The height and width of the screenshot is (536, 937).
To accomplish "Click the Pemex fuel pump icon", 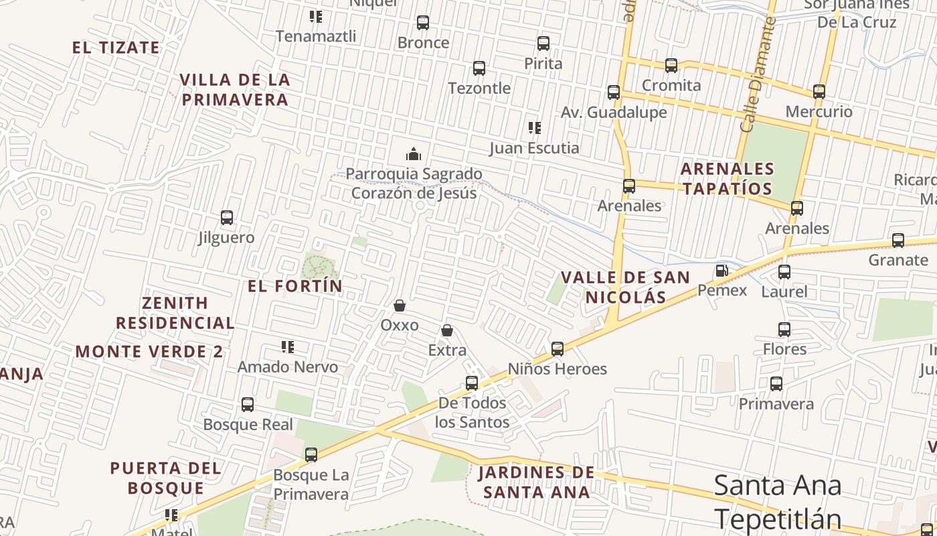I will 722,271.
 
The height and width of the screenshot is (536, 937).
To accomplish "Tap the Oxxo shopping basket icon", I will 400,306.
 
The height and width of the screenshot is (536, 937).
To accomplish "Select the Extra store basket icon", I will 447,330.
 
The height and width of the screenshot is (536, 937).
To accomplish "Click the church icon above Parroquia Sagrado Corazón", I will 414,154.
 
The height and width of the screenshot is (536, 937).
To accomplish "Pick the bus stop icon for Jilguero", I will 227,218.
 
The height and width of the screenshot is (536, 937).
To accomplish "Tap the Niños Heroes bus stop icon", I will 558,349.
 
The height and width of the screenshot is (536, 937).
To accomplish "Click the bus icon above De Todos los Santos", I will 472,383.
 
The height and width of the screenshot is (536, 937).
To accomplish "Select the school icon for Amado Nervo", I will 288,347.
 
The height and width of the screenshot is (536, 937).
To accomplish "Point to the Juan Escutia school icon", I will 534,127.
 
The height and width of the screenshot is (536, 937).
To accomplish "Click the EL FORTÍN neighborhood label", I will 295,286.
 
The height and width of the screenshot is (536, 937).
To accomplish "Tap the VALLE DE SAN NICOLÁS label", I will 625,287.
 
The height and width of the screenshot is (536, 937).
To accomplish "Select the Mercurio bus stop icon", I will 819,92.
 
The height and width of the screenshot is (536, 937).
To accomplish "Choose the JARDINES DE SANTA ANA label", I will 536,482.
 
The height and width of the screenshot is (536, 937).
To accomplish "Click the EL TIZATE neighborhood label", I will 116,48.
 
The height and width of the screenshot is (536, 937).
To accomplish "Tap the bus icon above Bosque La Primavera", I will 311,455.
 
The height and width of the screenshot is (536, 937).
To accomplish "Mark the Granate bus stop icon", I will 898,241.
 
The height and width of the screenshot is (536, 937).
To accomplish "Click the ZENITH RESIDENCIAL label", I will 175,313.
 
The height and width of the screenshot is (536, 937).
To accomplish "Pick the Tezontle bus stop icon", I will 479,68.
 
